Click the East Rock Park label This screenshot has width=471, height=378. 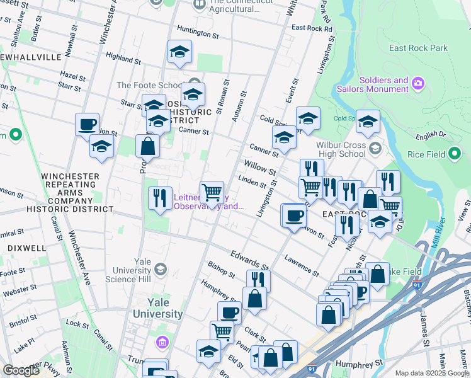tap(418, 48)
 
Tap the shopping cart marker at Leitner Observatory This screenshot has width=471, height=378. tap(212, 192)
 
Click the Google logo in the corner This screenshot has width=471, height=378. tap(21, 370)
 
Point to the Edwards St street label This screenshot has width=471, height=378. tap(249, 260)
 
